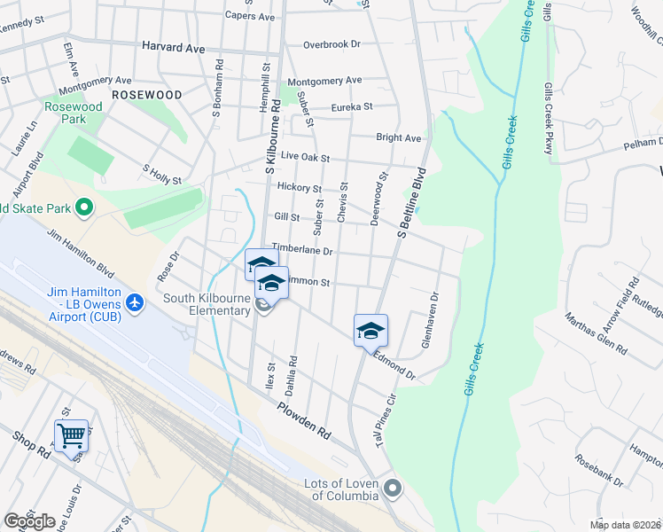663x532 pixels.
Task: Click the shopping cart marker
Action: [71, 435]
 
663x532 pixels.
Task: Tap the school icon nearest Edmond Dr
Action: [370, 332]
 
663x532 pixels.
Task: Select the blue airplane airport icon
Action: [135, 303]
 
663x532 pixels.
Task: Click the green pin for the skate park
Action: [84, 208]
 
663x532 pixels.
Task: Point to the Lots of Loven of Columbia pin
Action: [393, 489]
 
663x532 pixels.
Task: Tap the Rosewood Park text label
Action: [74, 113]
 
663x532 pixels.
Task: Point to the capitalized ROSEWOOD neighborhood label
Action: [146, 95]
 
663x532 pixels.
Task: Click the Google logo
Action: [29, 521]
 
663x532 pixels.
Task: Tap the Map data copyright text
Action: [624, 525]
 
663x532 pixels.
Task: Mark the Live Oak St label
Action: [305, 157]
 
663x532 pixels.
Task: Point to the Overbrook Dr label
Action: [331, 43]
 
